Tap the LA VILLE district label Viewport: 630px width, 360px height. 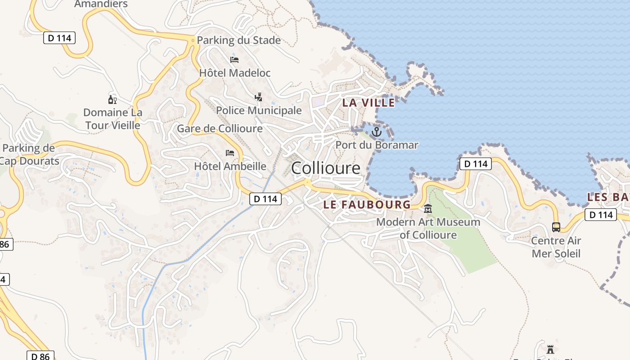(368, 103)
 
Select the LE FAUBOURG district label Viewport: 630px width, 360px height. (367, 205)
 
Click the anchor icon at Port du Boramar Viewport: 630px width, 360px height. (376, 132)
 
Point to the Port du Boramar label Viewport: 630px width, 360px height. (377, 145)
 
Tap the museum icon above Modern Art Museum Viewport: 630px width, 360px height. (427, 209)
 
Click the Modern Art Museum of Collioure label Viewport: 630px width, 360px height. (428, 228)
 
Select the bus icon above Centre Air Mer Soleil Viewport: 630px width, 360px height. (556, 227)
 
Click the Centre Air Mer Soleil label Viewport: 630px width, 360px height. (556, 247)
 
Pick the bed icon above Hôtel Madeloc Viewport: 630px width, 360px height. (234, 59)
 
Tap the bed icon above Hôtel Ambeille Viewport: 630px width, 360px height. (230, 153)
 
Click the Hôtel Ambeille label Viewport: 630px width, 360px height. (230, 166)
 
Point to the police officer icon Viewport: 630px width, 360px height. (258, 97)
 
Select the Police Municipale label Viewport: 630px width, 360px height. (259, 110)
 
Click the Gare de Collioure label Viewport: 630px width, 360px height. (220, 129)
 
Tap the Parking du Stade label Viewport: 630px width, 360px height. (238, 40)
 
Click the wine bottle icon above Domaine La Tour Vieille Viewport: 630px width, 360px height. (112, 99)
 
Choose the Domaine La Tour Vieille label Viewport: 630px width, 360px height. (112, 119)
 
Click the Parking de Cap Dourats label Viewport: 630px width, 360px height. (29, 154)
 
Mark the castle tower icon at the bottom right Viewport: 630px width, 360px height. (550, 349)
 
